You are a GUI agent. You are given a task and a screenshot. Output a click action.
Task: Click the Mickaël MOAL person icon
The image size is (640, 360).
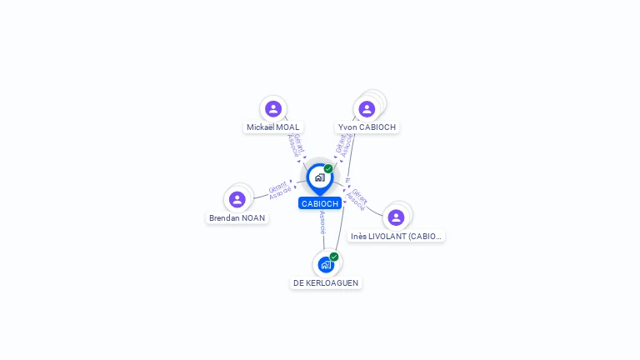[x=273, y=108]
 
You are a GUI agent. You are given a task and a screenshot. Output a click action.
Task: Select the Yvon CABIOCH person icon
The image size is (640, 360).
[x=367, y=109]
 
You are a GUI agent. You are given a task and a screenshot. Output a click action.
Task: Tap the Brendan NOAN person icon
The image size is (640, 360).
[x=237, y=199]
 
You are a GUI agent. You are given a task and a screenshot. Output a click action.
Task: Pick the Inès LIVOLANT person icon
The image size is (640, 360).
[x=396, y=217]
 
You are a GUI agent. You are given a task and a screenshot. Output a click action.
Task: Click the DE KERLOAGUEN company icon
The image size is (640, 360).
[x=325, y=264]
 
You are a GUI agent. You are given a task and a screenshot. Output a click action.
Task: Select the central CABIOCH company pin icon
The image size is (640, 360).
[x=319, y=177]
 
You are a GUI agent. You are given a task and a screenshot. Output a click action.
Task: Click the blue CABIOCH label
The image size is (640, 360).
[x=320, y=203]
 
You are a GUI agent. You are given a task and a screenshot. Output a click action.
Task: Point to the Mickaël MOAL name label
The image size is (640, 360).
[x=272, y=127]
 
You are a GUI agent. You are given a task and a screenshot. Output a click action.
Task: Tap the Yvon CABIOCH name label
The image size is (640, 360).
[x=367, y=127]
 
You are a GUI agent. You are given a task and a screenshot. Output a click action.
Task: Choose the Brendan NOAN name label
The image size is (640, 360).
[x=237, y=218]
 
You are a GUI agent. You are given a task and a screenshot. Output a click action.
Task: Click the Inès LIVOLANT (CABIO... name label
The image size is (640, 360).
[x=397, y=237]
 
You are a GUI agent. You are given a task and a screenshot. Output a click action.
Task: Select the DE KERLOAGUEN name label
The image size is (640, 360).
[x=326, y=283]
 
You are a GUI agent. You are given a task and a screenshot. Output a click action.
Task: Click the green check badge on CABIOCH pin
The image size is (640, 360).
[x=328, y=168]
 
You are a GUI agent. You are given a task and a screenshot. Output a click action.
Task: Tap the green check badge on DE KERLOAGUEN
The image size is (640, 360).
[x=334, y=257]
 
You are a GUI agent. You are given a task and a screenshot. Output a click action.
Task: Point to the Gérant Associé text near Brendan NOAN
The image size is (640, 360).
[x=280, y=190]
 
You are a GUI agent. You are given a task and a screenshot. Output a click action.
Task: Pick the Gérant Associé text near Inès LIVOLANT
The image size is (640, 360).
[x=357, y=197]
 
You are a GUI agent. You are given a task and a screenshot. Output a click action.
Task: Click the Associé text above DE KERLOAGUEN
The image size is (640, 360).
[x=322, y=222]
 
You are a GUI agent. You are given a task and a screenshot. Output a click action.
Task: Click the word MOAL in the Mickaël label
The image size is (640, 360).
[x=287, y=127]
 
